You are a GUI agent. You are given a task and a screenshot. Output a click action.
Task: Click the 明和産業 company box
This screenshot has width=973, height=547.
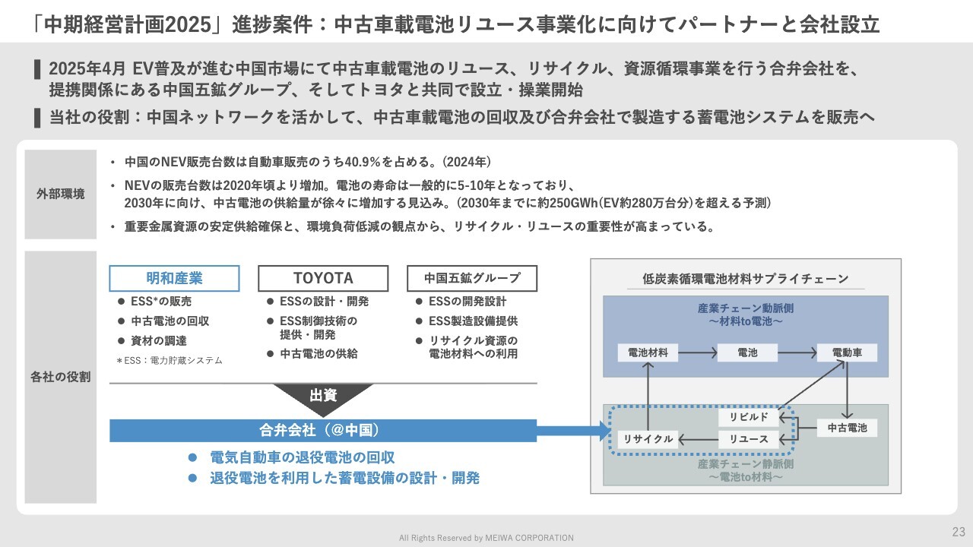click(x=174, y=278)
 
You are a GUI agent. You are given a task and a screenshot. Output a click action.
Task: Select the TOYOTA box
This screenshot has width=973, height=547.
click(x=323, y=278)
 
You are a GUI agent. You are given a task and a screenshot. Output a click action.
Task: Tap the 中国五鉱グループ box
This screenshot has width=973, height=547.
click(x=472, y=278)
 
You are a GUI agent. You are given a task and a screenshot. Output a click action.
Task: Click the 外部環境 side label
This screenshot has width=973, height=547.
click(x=61, y=194)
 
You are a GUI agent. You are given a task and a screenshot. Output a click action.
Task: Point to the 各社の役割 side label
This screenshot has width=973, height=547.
click(x=61, y=377)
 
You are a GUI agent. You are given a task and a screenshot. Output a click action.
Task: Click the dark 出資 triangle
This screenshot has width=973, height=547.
click(x=323, y=397)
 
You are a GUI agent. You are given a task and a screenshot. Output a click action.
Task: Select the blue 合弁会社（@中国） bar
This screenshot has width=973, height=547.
click(x=323, y=430)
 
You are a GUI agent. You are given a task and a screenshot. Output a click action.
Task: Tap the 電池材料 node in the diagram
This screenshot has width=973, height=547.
click(x=648, y=353)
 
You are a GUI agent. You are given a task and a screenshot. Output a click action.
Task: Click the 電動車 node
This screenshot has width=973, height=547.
click(x=847, y=353)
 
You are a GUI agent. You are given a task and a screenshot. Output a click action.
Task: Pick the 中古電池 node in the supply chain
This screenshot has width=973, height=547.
click(x=847, y=428)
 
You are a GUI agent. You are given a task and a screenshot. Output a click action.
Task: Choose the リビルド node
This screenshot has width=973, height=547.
click(x=749, y=417)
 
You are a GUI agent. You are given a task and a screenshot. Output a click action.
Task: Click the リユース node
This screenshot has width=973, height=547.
click(x=749, y=439)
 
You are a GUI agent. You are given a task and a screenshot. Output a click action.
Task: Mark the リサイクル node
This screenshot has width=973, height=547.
click(x=648, y=439)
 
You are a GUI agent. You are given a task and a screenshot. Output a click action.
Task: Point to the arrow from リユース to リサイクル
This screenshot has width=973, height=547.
click(x=698, y=439)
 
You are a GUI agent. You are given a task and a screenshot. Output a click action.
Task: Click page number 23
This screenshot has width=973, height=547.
click(x=958, y=531)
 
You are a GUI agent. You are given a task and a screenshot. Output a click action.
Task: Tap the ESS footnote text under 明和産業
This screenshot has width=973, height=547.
click(x=169, y=361)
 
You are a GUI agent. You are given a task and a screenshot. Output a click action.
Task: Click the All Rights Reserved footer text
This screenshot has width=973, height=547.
click(x=486, y=538)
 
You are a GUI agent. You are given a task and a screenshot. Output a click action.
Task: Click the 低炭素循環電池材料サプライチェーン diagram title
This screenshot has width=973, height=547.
click(x=746, y=279)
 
